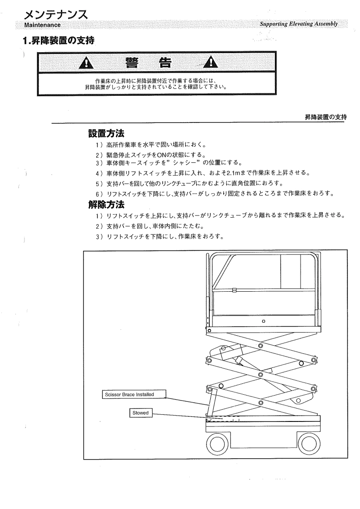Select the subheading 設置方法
tap(107, 134)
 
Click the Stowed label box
tap(141, 413)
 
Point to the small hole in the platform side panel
tap(263, 321)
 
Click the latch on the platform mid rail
tap(234, 291)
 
